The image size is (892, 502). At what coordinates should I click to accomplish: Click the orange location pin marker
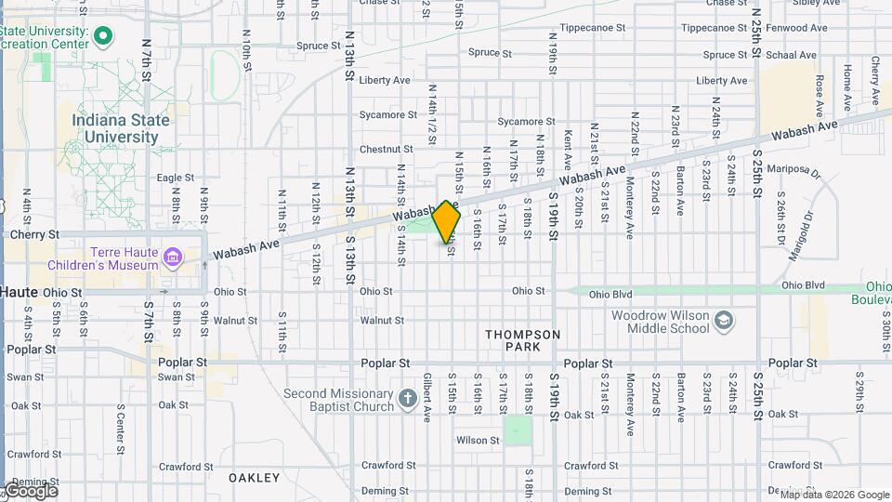[447, 221]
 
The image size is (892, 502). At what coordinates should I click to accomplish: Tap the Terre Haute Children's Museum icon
[172, 257]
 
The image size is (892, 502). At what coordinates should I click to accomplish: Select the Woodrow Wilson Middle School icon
[724, 322]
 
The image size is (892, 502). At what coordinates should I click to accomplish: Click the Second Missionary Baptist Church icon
[407, 400]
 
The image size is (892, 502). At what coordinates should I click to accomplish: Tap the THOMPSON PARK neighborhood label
[523, 339]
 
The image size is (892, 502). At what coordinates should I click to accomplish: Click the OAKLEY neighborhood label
[254, 477]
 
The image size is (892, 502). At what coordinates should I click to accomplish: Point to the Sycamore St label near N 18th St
[526, 122]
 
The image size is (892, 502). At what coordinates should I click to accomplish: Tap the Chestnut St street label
[386, 149]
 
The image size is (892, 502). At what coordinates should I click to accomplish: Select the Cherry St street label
[34, 235]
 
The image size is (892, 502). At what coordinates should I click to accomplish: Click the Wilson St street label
[478, 440]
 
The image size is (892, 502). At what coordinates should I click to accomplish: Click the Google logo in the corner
[30, 491]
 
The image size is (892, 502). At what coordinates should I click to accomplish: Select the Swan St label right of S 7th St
[176, 376]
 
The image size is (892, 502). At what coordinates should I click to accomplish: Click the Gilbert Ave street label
[427, 397]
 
